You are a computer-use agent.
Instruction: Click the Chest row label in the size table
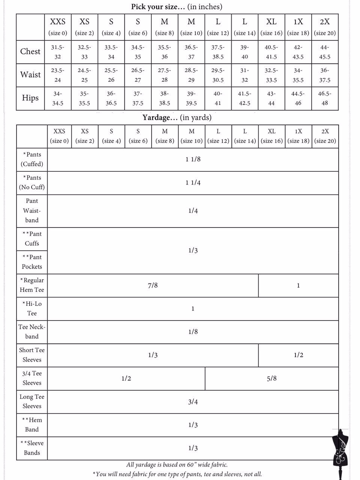pos(30,51)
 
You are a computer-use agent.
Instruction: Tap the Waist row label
pos(30,75)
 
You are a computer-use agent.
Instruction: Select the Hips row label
pos(30,98)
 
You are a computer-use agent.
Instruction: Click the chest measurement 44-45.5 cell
pos(325,52)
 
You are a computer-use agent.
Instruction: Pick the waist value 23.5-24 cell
pos(58,75)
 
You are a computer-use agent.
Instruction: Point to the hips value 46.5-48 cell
pos(325,98)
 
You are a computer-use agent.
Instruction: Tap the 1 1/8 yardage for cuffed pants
pos(193,159)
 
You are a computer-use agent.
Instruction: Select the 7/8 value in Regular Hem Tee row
pos(153,285)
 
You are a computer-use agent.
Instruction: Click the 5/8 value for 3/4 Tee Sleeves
pos(271,378)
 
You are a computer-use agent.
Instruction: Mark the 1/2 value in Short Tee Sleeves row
pos(298,355)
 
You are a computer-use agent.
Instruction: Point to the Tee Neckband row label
pos(32,331)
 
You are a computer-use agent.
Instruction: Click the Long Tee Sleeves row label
pos(32,401)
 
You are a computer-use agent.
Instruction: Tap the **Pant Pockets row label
pos(32,262)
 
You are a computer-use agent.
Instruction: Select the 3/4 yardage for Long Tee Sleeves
pos(193,402)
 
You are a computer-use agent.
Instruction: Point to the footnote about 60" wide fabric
pos(177,465)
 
